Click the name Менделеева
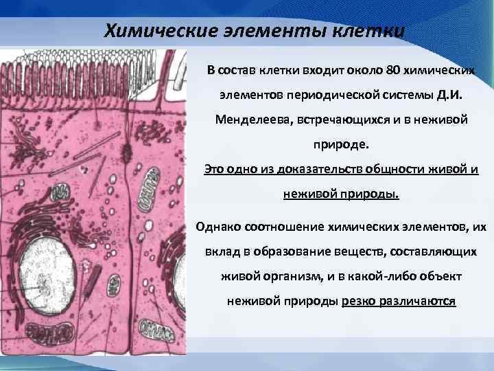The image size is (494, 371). (253, 120)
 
